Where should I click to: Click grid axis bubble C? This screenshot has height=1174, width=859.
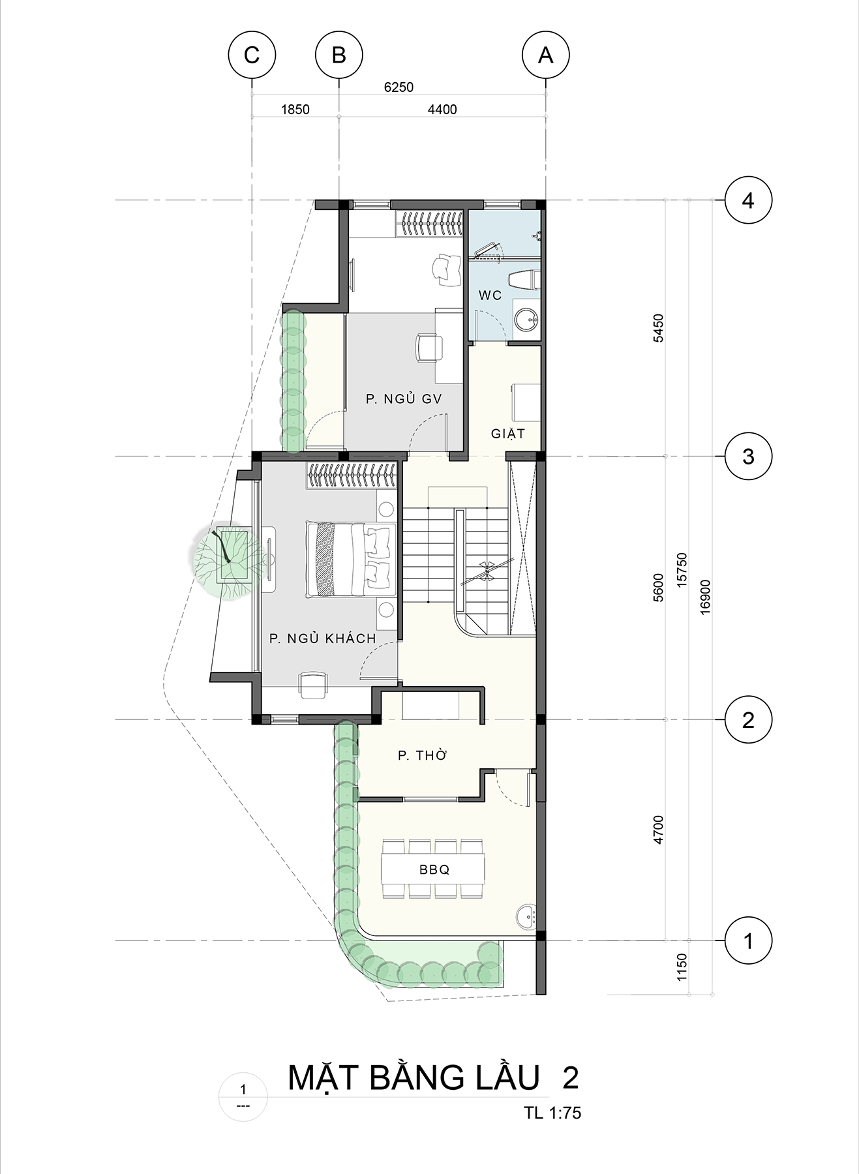point(252,55)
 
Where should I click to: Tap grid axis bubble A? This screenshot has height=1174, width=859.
point(546,55)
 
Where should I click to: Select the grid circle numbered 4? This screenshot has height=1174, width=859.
point(748,200)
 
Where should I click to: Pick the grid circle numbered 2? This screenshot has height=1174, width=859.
point(748,720)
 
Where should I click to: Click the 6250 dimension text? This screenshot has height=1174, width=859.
point(399,87)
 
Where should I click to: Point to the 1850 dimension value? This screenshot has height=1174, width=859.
point(295,110)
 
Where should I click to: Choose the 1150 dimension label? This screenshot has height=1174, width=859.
point(682,967)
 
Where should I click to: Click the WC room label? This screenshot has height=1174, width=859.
point(490,295)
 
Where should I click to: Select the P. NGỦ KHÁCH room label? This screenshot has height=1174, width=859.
point(323,638)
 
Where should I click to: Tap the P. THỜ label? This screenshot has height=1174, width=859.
point(423,755)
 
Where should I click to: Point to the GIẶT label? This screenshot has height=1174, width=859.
point(508,433)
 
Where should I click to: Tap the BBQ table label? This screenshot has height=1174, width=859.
point(434,869)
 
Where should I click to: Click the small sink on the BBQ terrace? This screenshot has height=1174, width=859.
point(525,916)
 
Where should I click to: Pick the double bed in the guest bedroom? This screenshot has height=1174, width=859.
point(351,559)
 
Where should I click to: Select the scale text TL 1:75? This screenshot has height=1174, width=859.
point(552,1112)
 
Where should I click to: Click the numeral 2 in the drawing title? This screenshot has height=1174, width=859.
point(570,1077)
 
